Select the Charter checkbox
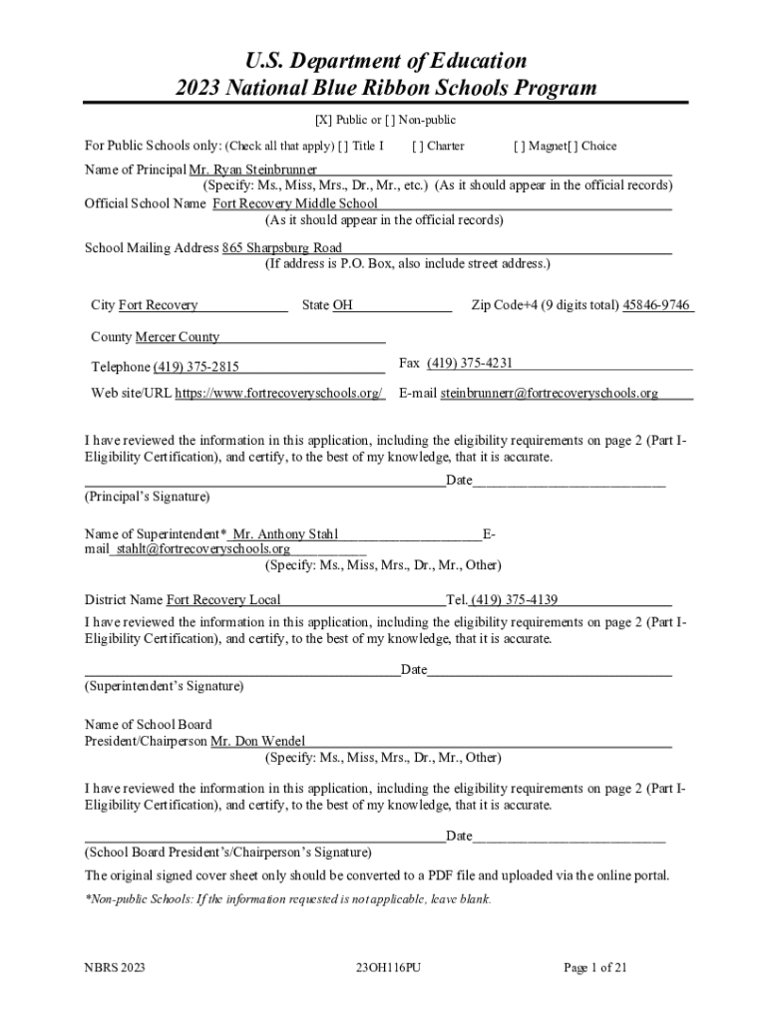point(418,147)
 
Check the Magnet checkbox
point(520,147)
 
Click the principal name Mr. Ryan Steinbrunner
point(253,170)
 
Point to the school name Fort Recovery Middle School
point(295,204)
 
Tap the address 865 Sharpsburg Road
point(282,248)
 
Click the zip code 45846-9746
point(656,305)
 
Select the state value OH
point(342,305)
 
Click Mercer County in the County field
point(178,337)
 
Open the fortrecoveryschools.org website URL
point(279,393)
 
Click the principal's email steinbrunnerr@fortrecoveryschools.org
point(550,393)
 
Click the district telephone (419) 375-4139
point(515,600)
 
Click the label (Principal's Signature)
point(148,497)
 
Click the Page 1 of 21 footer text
point(594,967)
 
